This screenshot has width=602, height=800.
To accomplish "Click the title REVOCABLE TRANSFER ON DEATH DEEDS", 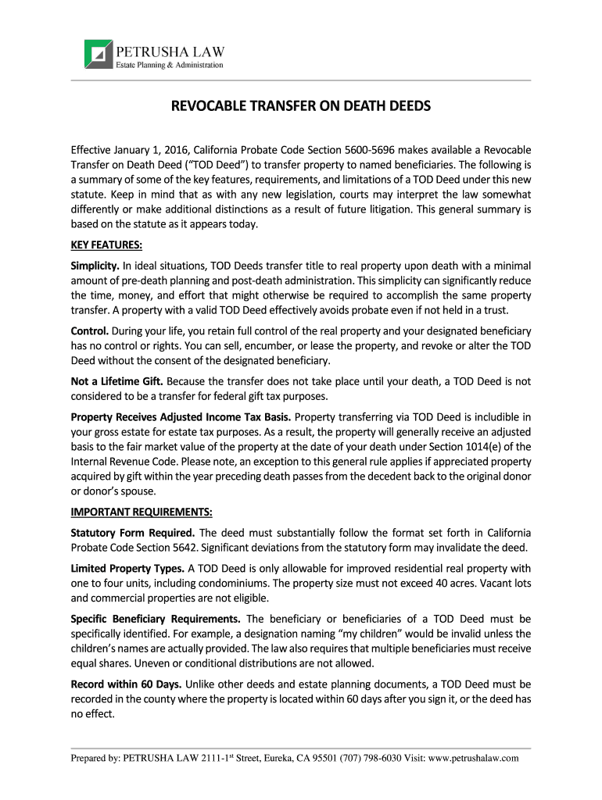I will [x=301, y=105].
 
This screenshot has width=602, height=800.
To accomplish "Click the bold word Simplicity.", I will [x=95, y=266].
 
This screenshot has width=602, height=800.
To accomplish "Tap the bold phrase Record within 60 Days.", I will [x=127, y=684].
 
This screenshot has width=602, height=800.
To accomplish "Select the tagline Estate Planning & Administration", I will [x=170, y=65].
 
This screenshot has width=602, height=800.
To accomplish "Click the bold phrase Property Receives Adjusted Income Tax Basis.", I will [x=181, y=417].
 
